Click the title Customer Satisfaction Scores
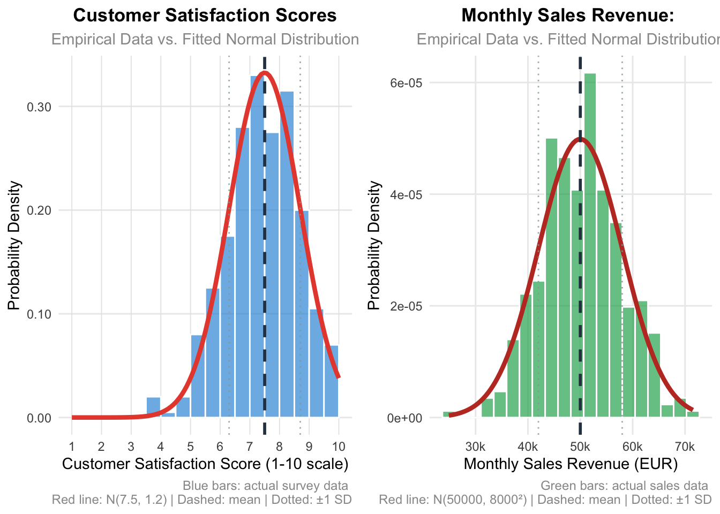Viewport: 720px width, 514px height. point(205,16)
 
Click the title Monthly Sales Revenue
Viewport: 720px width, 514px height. point(567,16)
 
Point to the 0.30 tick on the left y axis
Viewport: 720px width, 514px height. point(40,107)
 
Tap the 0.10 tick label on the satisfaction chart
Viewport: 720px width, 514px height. point(40,314)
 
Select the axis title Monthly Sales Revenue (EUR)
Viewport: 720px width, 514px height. point(571,464)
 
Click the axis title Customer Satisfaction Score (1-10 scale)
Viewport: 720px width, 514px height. point(205,464)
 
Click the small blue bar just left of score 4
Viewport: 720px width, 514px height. point(154,407)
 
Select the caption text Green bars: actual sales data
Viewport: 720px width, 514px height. point(624,486)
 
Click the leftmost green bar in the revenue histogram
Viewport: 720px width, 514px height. point(449,414)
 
